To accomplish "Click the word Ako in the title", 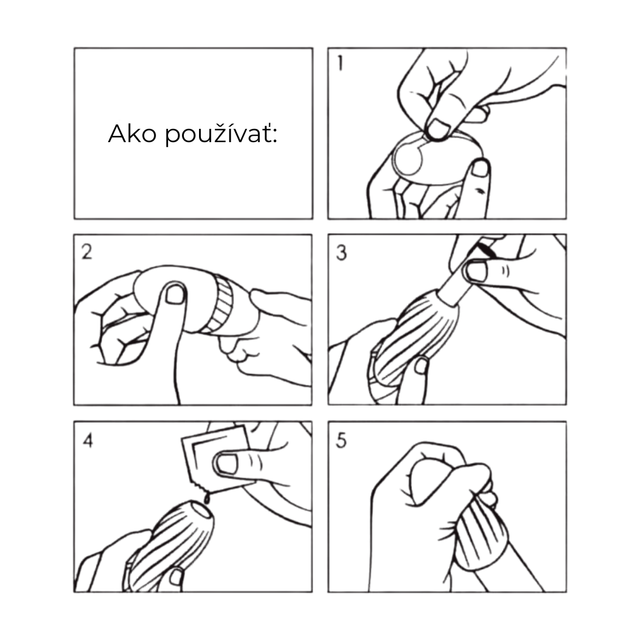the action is [x=132, y=133].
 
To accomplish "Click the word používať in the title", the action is [x=221, y=135].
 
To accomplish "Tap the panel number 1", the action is [x=341, y=64].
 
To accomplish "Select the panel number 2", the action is [x=87, y=252].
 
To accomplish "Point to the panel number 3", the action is [x=341, y=253].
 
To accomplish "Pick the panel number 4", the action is [x=88, y=440].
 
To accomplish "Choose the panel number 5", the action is [x=341, y=441].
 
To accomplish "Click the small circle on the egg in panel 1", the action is [x=408, y=160].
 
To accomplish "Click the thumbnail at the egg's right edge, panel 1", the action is [x=480, y=168].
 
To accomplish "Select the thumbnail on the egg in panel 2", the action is [x=176, y=294].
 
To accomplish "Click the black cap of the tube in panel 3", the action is [x=486, y=250].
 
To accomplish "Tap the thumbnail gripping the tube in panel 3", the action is [x=477, y=272].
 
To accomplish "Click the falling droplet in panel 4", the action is [x=207, y=498].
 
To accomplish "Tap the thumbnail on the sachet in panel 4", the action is [x=227, y=464].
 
